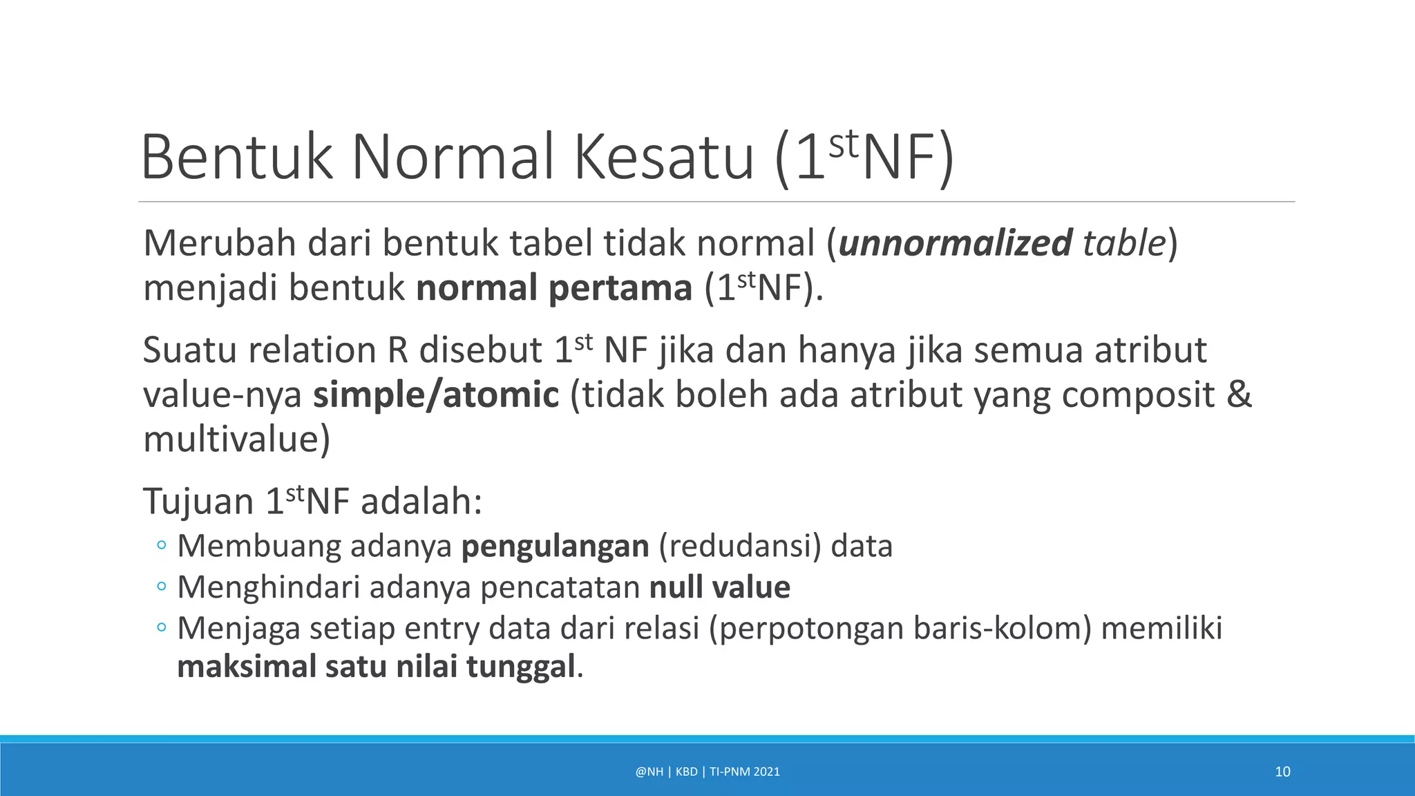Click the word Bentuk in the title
point(237,158)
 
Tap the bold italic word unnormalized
point(955,243)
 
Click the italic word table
point(1124,243)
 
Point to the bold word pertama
point(619,287)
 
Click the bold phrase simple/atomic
point(436,395)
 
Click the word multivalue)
point(236,439)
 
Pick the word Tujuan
point(198,501)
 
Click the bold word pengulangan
point(555,546)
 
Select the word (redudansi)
point(740,546)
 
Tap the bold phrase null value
point(720,587)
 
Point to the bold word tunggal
point(520,667)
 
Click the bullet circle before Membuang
point(162,546)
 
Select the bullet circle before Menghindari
point(162,587)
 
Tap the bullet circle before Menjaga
point(162,628)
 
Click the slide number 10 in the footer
point(1282,772)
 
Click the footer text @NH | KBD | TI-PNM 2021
point(707,772)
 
